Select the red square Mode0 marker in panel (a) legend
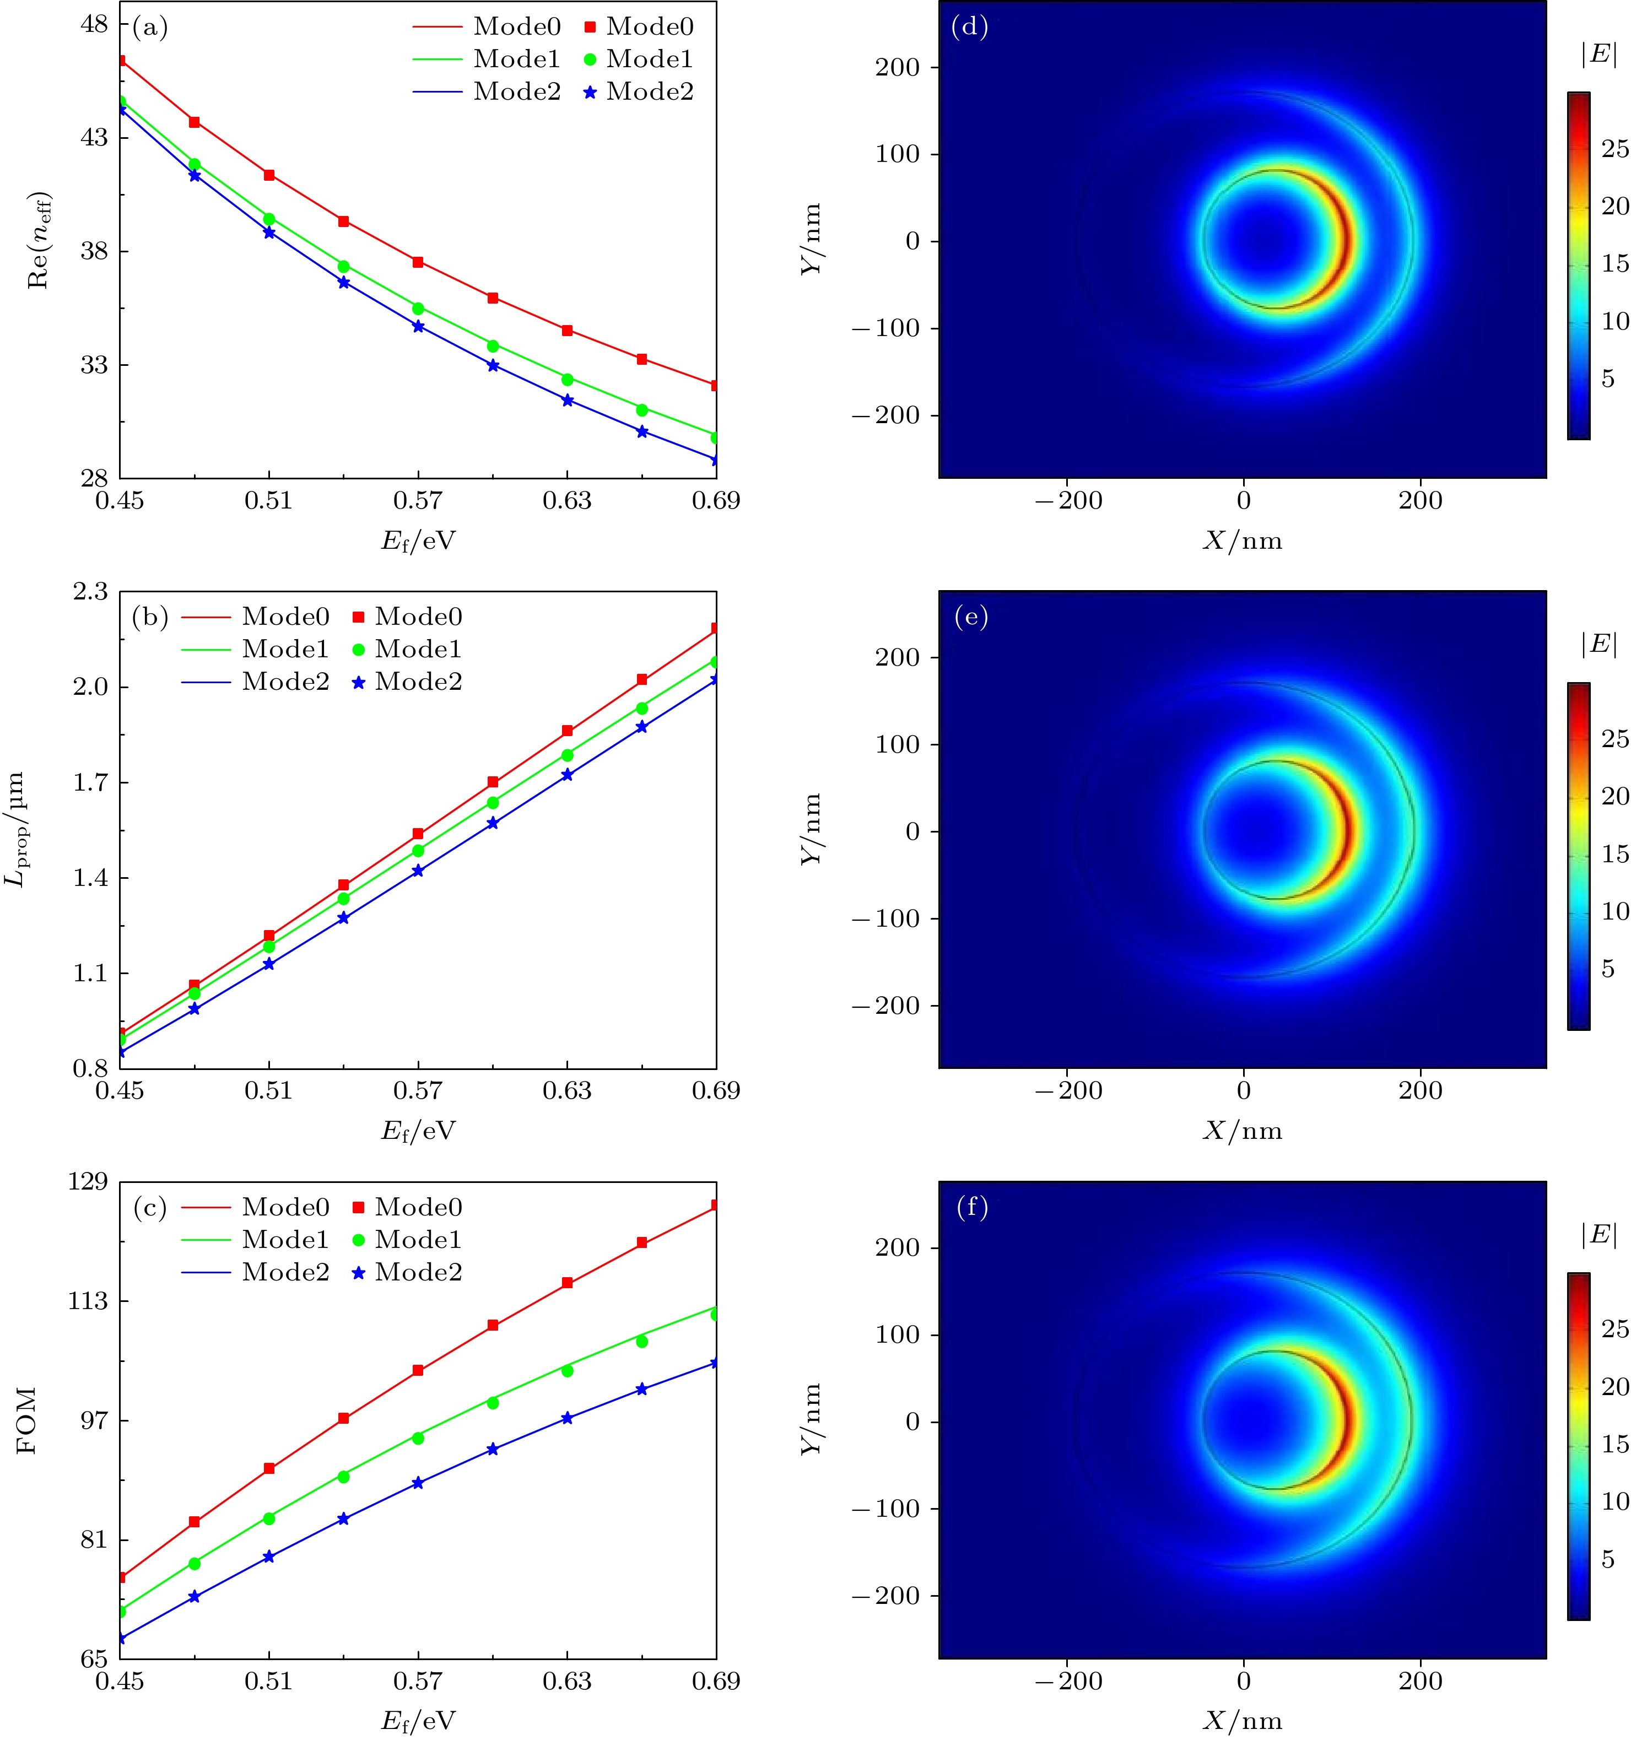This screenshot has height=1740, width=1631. click(590, 27)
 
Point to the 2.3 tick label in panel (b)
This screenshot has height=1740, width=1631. click(91, 592)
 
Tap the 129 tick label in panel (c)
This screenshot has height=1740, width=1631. click(88, 1182)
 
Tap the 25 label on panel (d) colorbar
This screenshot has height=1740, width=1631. click(1614, 149)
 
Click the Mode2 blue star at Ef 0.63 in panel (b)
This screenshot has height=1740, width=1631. click(568, 775)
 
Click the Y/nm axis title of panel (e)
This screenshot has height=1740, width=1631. click(812, 829)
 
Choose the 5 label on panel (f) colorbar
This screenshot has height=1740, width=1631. click(1607, 1560)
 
